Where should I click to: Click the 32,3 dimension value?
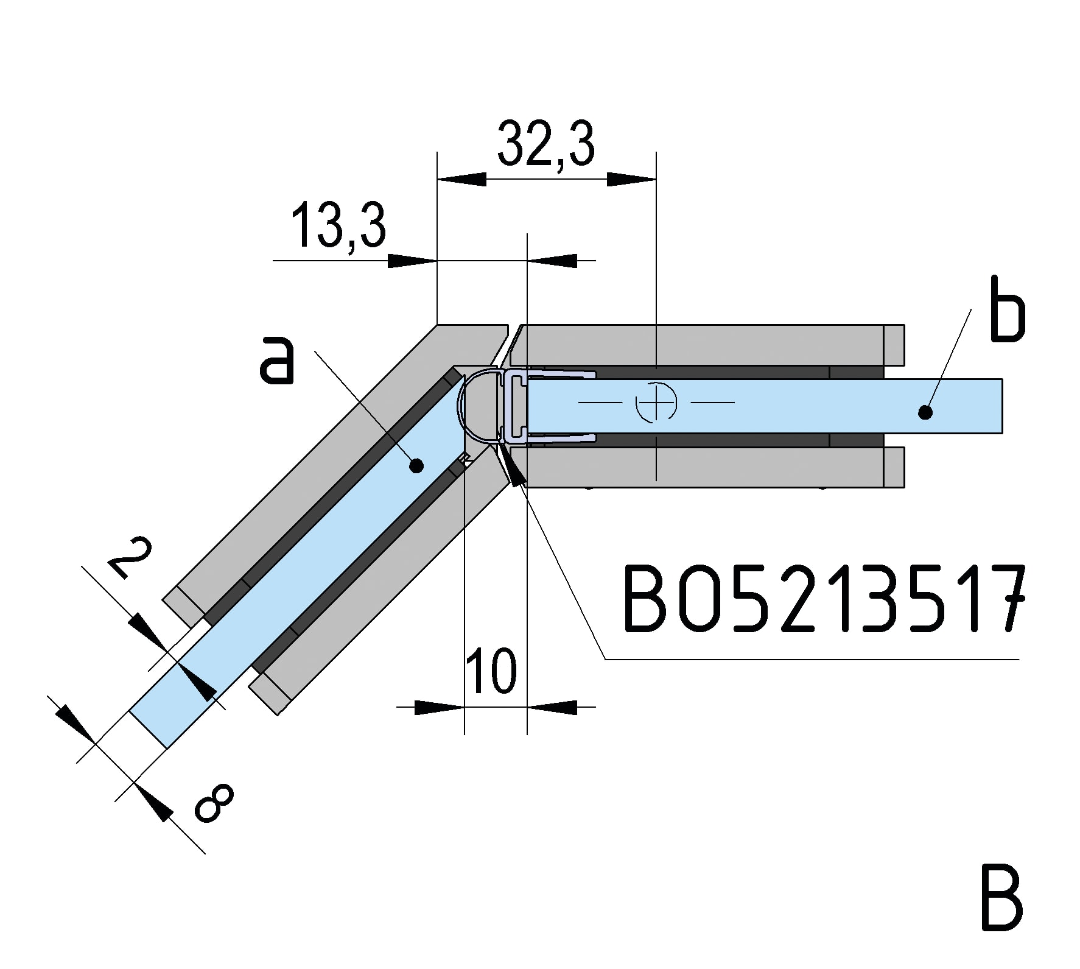[546, 144]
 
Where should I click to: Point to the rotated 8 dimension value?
[214, 803]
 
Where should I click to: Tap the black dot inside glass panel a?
[416, 467]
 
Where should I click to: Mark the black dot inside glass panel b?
[925, 413]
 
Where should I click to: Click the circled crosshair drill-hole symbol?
[656, 403]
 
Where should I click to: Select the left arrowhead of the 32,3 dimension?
[461, 179]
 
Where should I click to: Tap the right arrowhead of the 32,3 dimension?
[631, 179]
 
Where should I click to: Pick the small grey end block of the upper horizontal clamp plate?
[894, 345]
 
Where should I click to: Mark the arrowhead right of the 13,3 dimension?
[552, 261]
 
